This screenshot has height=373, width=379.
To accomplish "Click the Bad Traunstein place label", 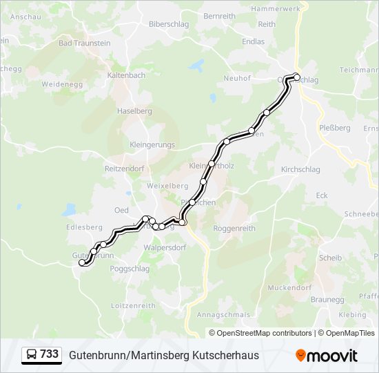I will pyautogui.click(x=85, y=43).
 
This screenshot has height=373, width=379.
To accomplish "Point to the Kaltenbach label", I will pyautogui.click(x=126, y=75).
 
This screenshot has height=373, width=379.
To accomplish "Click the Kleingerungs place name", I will pyautogui.click(x=152, y=145).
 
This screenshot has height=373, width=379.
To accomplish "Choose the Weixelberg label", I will pyautogui.click(x=167, y=186).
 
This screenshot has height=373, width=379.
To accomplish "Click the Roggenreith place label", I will pyautogui.click(x=234, y=228).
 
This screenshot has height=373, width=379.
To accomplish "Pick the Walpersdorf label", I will pyautogui.click(x=165, y=247).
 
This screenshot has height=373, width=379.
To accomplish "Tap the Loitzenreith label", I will pyautogui.click(x=133, y=305).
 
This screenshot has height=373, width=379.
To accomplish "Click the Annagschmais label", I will pyautogui.click(x=223, y=314).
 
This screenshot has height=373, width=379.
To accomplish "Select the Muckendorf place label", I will pyautogui.click(x=289, y=287).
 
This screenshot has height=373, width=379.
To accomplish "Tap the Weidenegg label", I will pyautogui.click(x=62, y=84).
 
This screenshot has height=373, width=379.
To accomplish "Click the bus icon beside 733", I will pyautogui.click(x=32, y=355).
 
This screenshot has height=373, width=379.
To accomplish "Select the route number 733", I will pyautogui.click(x=50, y=354).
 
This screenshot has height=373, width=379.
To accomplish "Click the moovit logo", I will pyautogui.click(x=327, y=356).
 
